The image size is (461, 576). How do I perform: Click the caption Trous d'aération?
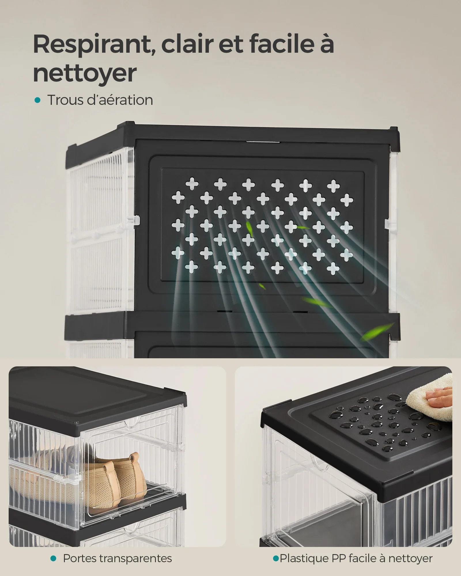[x=100, y=100]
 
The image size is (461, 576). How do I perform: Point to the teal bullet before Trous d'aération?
[x=37, y=100]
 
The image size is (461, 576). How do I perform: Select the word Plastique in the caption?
[x=304, y=558]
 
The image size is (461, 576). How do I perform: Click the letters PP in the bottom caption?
[x=339, y=558]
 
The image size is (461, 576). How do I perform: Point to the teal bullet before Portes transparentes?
[x=53, y=558]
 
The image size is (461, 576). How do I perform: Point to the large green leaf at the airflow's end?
[x=377, y=331]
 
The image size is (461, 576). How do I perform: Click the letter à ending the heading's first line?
[x=326, y=44]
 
